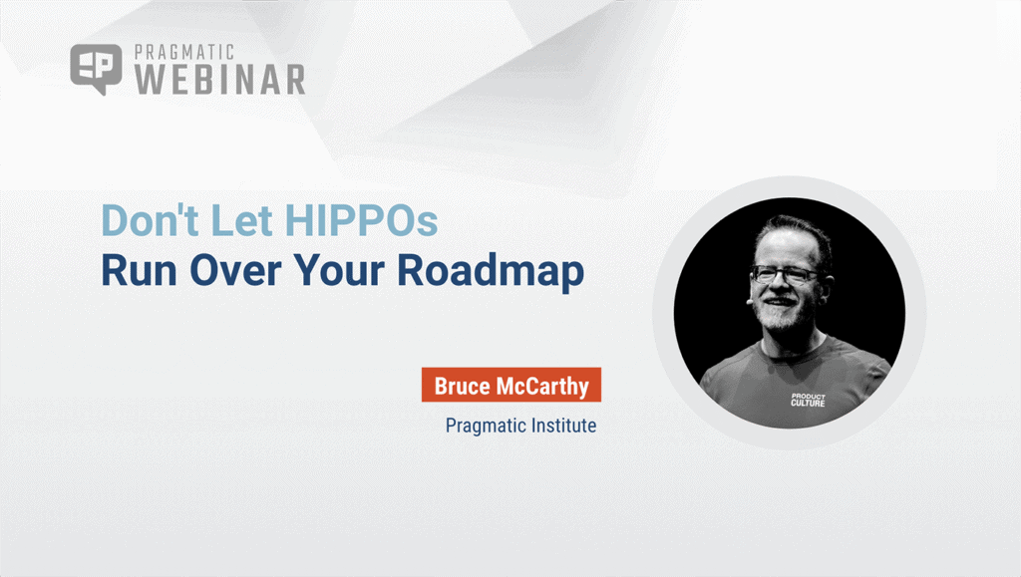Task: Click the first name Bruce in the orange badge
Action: pos(464,386)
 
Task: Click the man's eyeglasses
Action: pos(784,273)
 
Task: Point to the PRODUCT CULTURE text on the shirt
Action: pos(808,400)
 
